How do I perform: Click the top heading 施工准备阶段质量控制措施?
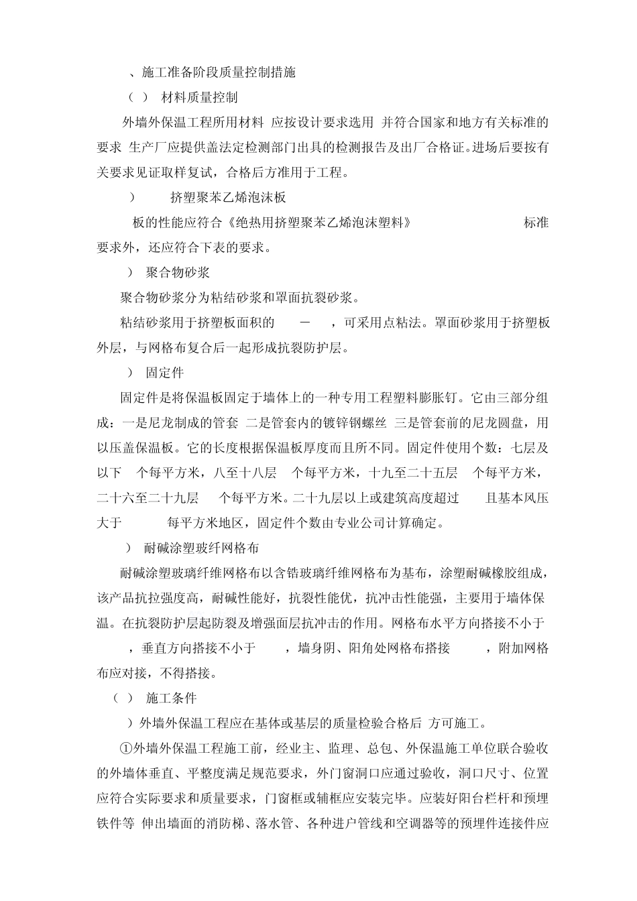(x=219, y=72)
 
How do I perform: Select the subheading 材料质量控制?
(x=200, y=98)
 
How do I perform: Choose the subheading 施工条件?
(x=171, y=698)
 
